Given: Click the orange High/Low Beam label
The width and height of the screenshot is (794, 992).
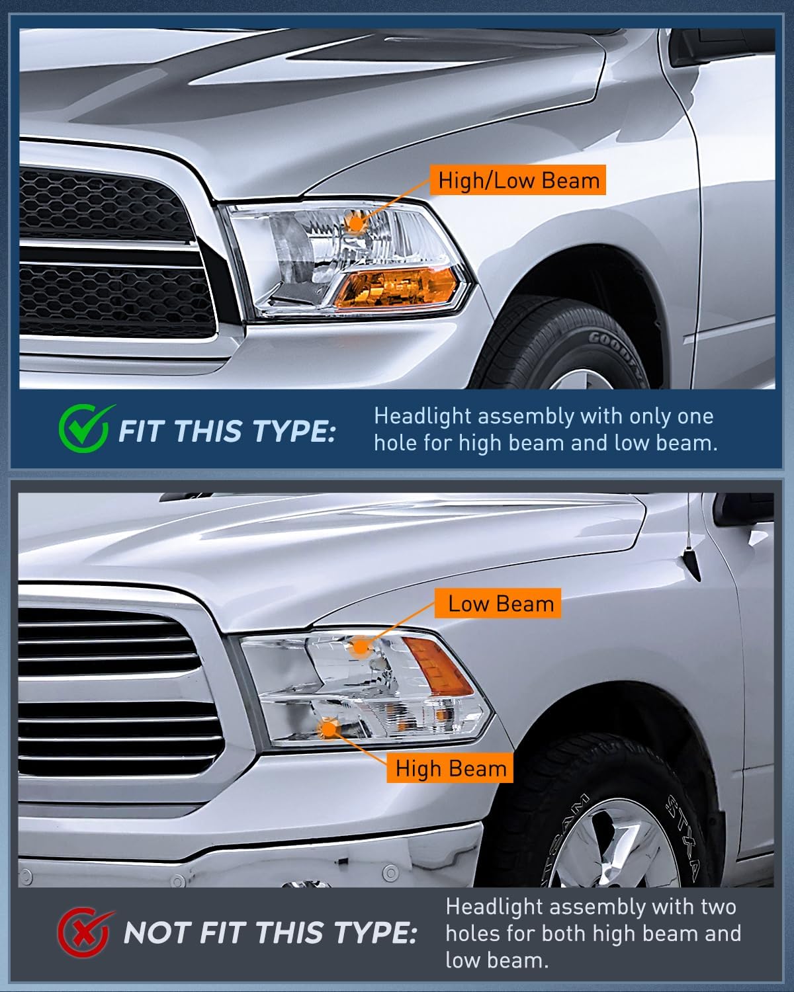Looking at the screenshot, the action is point(517,180).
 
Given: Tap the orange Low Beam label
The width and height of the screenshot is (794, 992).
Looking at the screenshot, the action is point(498,603).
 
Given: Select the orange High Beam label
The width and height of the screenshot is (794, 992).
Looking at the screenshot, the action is point(450,768).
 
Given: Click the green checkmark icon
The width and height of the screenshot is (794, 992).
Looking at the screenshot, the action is point(85,428).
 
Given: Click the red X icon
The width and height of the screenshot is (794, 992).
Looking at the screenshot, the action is point(85,932).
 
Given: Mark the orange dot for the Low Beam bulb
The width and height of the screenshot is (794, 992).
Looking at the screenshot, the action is point(361,646).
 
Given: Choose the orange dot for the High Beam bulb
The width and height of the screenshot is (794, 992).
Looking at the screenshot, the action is point(328,729).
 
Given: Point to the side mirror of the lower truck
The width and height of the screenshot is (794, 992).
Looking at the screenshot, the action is point(744,509).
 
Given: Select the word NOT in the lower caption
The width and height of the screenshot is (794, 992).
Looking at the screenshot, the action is point(157,933).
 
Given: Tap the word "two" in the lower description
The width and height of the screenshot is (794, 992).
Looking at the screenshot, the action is point(719,907).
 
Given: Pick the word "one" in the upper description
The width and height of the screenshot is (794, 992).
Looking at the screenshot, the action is point(695,417).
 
